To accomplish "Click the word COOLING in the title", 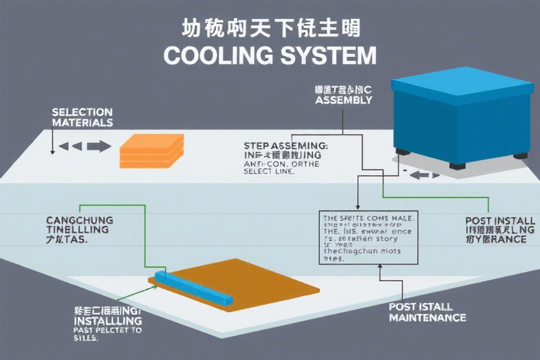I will (x=210, y=56).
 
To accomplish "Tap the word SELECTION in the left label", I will (x=82, y=112).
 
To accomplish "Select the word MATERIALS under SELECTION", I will (x=82, y=122).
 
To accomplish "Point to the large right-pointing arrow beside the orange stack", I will (x=98, y=146).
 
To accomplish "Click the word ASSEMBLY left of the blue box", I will (x=343, y=101).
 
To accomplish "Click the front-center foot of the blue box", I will (x=457, y=166).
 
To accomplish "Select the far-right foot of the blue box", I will (x=520, y=155).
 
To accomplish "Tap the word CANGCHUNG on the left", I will (x=79, y=220).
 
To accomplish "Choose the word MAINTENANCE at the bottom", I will (x=427, y=318).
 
